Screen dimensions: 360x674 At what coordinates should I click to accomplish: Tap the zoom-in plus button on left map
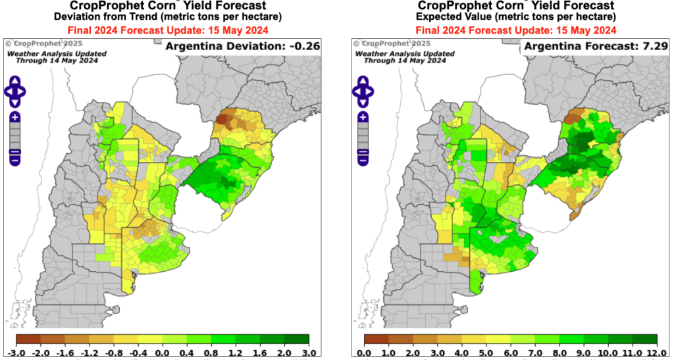tap(14, 116)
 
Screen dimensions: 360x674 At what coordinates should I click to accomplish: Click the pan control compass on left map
tap(14, 91)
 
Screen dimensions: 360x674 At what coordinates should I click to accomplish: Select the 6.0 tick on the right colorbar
tap(511, 353)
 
